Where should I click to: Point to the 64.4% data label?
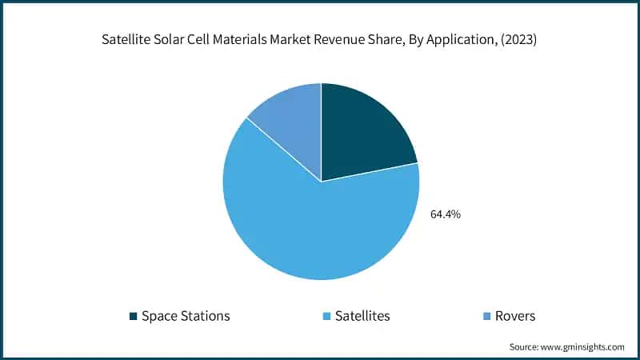click(x=446, y=214)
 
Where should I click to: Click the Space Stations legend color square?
click(x=133, y=316)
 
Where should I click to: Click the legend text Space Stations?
click(x=186, y=316)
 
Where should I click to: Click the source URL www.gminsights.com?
click(x=582, y=346)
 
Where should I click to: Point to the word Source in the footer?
click(x=524, y=346)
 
